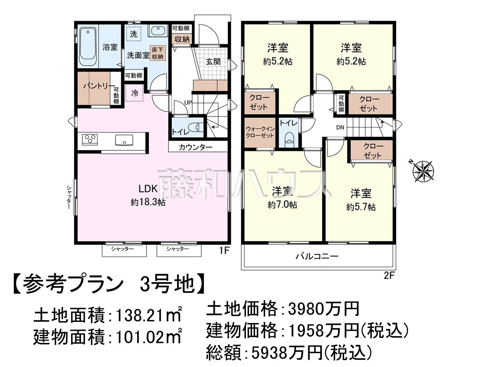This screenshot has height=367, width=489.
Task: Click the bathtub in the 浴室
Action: pyautogui.click(x=88, y=46)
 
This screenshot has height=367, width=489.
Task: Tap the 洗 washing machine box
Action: pyautogui.click(x=134, y=34)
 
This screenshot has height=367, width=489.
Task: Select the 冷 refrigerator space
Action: pyautogui.click(x=134, y=93)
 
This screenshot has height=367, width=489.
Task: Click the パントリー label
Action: pyautogui.click(x=99, y=86)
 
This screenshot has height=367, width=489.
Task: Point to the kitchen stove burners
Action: pyautogui.click(x=90, y=140)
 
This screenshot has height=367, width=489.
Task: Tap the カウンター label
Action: pyautogui.click(x=196, y=147)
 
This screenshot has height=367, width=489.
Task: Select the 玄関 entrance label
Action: pyautogui.click(x=213, y=62)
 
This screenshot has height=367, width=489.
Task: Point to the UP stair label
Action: pyautogui.click(x=188, y=103)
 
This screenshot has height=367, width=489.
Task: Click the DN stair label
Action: pyautogui.click(x=340, y=128)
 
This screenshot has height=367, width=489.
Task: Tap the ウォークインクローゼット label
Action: pyautogui.click(x=260, y=132)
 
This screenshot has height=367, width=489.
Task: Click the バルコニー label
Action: pyautogui.click(x=317, y=257)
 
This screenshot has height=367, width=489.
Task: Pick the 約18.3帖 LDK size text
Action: pyautogui.click(x=148, y=203)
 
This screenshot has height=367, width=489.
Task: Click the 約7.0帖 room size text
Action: pyautogui.click(x=282, y=205)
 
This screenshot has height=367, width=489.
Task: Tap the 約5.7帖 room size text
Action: pyautogui.click(x=361, y=207)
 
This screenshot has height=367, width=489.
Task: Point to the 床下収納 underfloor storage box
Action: pyautogui.click(x=158, y=53)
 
